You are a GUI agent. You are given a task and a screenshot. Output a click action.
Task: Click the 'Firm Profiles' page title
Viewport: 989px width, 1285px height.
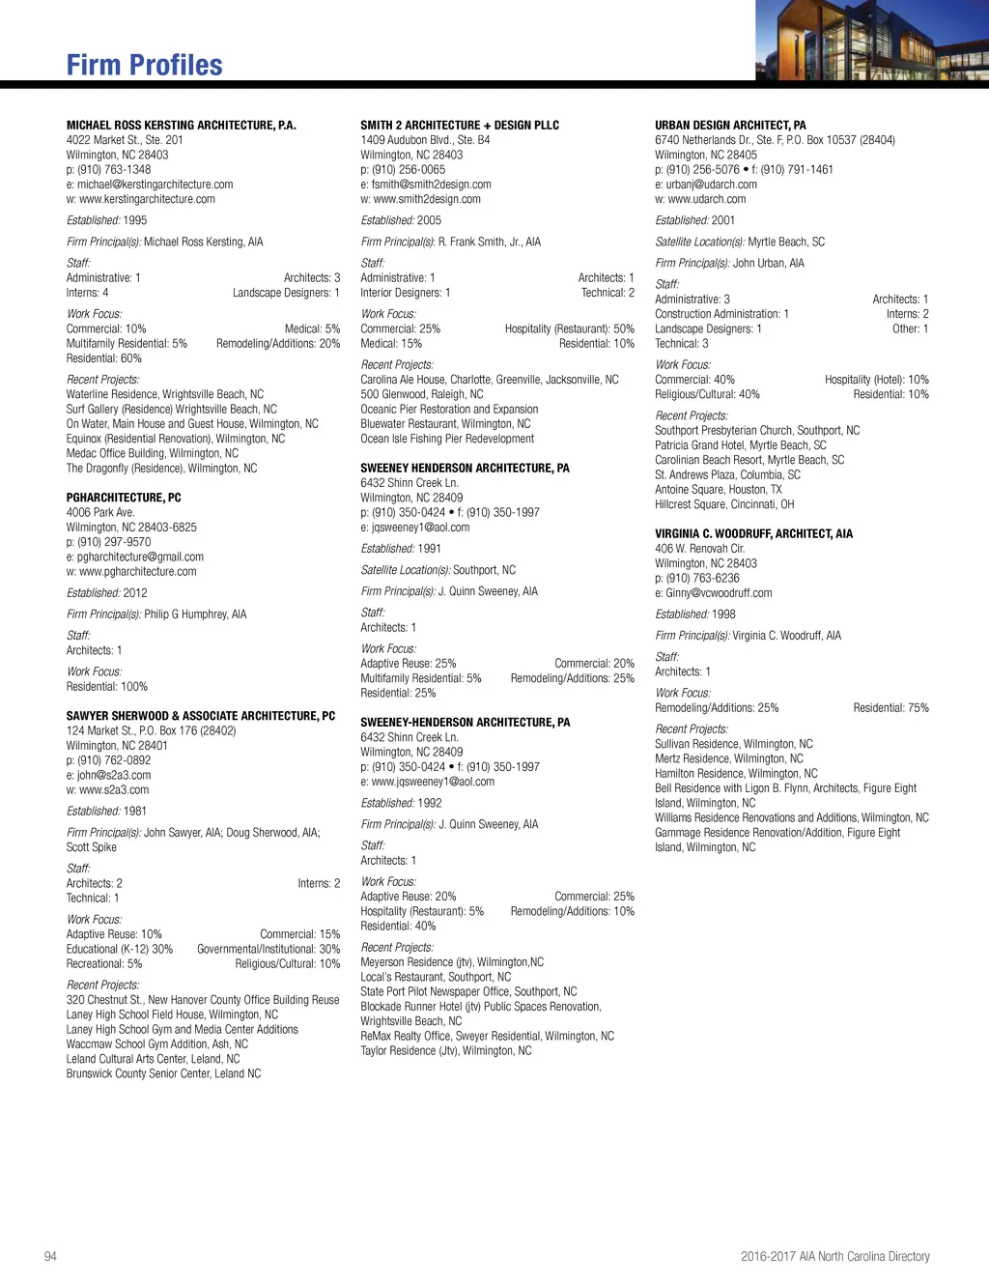tap(144, 65)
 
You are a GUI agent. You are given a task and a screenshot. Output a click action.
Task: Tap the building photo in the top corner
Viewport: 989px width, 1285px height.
tap(871, 41)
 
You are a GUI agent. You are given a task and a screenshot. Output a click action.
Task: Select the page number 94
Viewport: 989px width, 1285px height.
tap(50, 1256)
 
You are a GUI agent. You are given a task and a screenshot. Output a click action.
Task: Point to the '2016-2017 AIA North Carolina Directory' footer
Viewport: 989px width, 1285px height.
tap(834, 1256)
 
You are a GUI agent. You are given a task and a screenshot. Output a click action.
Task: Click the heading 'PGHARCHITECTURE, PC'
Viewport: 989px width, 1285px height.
tap(124, 498)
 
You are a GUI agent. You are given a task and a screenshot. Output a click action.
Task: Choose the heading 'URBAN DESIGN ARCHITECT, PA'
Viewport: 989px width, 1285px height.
tap(730, 125)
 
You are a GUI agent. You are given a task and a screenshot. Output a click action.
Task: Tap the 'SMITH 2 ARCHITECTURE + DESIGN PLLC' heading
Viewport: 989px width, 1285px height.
tap(460, 125)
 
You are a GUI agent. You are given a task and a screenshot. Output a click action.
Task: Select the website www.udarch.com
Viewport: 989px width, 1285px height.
tap(706, 199)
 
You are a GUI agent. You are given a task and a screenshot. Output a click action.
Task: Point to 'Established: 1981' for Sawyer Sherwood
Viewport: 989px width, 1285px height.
tap(106, 812)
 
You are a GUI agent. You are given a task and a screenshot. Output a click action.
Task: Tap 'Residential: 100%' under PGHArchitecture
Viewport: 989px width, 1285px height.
tap(107, 687)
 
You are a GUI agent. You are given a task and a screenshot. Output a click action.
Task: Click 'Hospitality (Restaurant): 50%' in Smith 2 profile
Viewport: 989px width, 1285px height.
tap(569, 329)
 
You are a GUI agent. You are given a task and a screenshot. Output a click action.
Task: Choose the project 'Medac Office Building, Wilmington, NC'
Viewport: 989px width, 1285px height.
tap(152, 453)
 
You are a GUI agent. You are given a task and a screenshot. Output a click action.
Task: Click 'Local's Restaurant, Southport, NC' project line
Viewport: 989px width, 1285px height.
tap(436, 977)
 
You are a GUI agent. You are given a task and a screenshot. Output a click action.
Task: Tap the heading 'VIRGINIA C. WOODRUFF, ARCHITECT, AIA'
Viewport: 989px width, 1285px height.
tap(753, 533)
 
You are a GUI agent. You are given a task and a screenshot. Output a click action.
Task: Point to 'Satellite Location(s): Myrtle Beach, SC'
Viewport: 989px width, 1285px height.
tap(740, 242)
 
